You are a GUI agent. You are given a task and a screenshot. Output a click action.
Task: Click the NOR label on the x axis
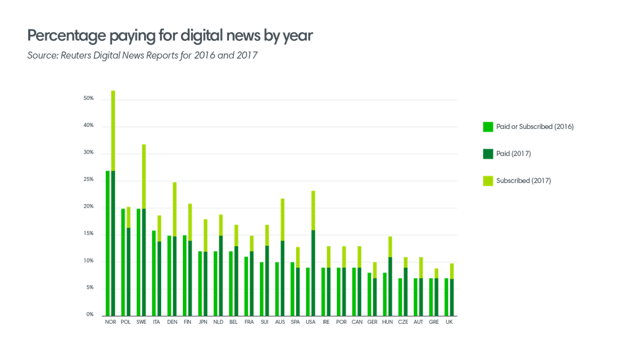[110, 322]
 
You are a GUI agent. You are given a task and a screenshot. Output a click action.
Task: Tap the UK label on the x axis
[449, 322]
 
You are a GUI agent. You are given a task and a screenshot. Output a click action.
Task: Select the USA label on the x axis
[311, 322]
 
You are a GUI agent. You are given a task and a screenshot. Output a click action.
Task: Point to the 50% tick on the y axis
[88, 99]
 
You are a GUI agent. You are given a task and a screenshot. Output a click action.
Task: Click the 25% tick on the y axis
[88, 180]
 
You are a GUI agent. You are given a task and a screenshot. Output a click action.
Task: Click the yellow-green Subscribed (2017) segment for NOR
[113, 130]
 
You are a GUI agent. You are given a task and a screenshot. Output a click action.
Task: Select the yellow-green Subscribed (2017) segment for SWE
[143, 176]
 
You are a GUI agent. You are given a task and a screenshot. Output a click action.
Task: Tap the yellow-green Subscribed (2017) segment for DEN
[174, 209]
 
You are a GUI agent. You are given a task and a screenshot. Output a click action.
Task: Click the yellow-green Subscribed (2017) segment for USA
[313, 210]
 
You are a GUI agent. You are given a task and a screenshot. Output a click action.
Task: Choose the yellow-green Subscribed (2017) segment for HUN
[390, 246]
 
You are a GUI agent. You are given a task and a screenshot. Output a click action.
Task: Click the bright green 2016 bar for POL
[123, 261]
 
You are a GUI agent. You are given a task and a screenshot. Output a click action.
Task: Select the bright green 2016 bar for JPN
[200, 283]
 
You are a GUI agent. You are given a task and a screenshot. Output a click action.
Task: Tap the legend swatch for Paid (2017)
[488, 154]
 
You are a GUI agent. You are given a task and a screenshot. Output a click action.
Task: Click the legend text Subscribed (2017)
[523, 181]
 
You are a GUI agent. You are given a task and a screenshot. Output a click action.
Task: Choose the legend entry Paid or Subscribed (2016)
[535, 127]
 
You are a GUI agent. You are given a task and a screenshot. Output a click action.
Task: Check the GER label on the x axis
[372, 322]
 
